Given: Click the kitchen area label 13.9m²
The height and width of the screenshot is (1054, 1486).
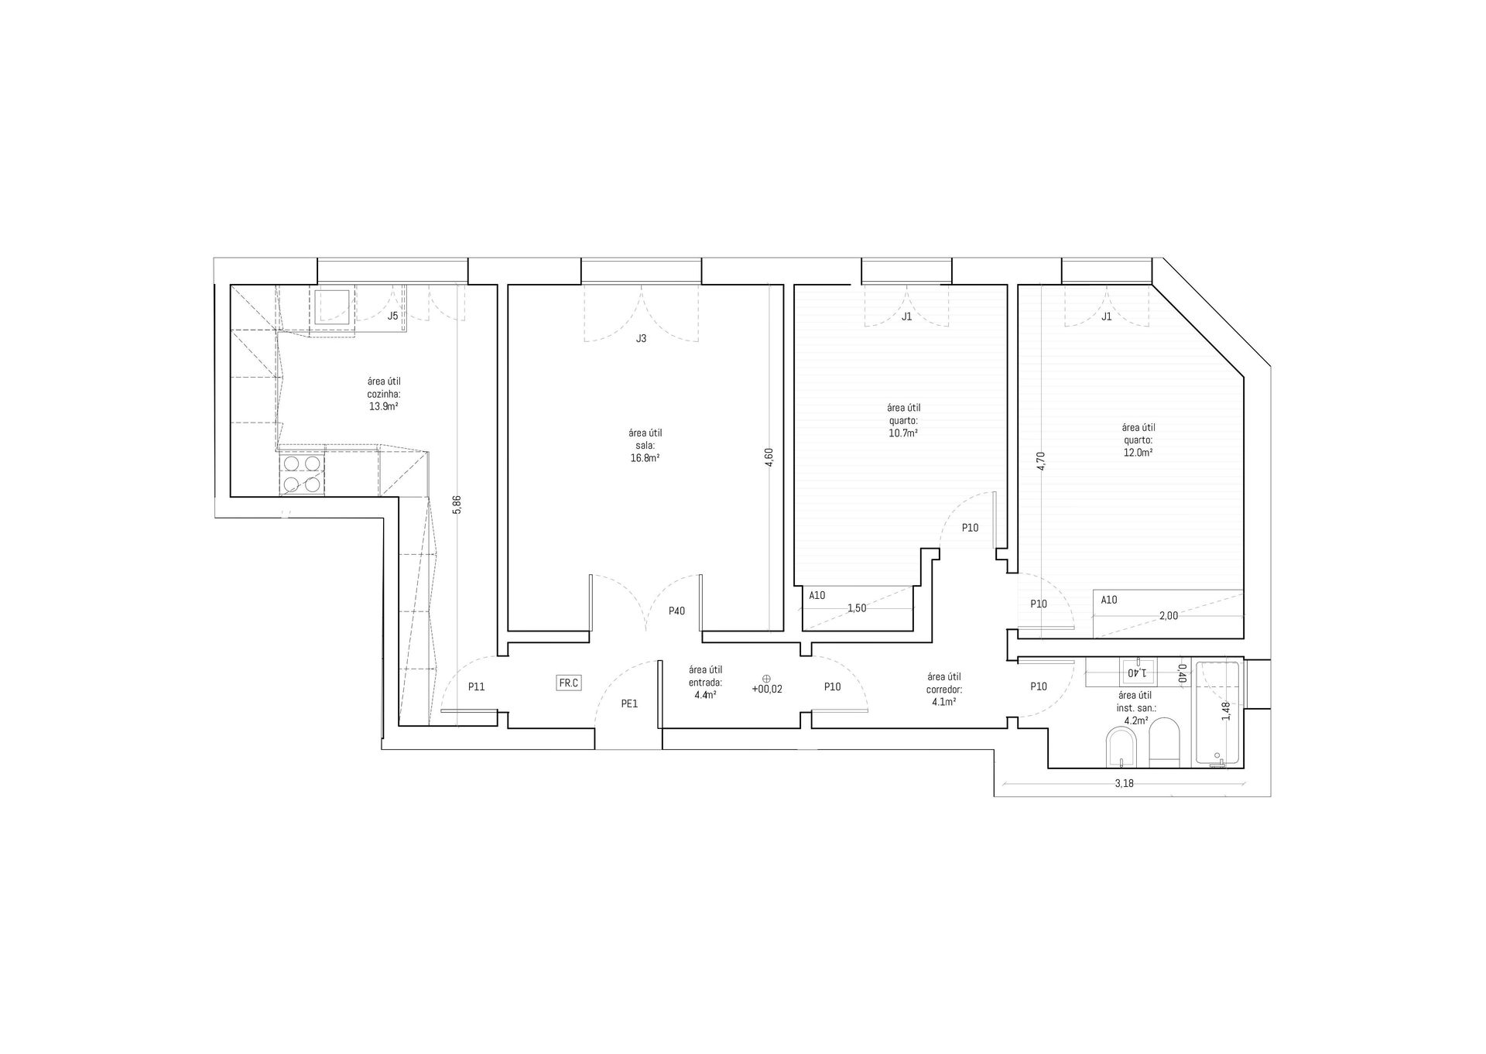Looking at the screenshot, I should pyautogui.click(x=383, y=406).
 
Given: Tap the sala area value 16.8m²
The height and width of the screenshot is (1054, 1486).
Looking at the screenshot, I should pyautogui.click(x=645, y=457).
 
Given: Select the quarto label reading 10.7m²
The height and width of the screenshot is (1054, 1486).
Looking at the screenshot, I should pyautogui.click(x=903, y=433).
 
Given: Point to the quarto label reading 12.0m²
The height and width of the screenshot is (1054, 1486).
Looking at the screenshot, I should pyautogui.click(x=1138, y=452).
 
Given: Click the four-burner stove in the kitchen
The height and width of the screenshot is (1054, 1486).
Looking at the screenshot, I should pyautogui.click(x=302, y=474).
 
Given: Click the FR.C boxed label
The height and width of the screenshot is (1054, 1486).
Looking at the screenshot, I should pyautogui.click(x=569, y=683).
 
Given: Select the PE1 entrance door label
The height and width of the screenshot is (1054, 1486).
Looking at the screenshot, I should pyautogui.click(x=629, y=703).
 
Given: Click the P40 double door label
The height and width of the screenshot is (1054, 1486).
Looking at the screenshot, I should pyautogui.click(x=676, y=611).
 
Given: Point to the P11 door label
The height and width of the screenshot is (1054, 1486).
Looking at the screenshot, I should pyautogui.click(x=476, y=686).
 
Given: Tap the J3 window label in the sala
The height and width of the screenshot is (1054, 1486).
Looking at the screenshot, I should pyautogui.click(x=641, y=338).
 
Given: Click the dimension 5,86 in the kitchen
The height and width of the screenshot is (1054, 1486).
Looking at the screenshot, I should pyautogui.click(x=457, y=504).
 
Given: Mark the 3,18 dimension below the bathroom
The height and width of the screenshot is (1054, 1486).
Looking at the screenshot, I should pyautogui.click(x=1124, y=783).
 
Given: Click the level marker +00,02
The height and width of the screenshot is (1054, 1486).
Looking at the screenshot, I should pyautogui.click(x=766, y=689).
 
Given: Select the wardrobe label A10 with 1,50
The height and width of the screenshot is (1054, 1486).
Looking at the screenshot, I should pyautogui.click(x=817, y=595).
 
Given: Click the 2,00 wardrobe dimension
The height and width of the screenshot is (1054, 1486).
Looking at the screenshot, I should pyautogui.click(x=1168, y=615).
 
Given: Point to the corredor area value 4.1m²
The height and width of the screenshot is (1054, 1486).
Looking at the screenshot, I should pyautogui.click(x=943, y=701).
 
